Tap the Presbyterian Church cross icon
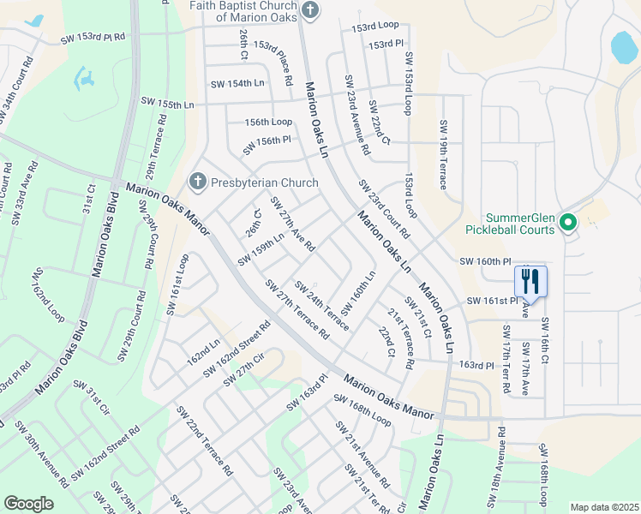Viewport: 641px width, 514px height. tap(197, 182)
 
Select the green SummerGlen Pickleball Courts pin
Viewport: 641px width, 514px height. tap(566, 223)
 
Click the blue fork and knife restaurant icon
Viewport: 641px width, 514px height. tap(530, 280)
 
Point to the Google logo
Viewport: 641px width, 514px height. tap(28, 504)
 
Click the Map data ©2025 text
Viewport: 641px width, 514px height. tap(604, 507)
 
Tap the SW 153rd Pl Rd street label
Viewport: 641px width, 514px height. tap(93, 38)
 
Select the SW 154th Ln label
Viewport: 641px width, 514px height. tap(237, 83)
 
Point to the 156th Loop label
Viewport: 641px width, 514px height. tap(268, 122)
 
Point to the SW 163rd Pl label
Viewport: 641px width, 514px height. tap(307, 392)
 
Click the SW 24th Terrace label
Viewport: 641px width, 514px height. tap(321, 305)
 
